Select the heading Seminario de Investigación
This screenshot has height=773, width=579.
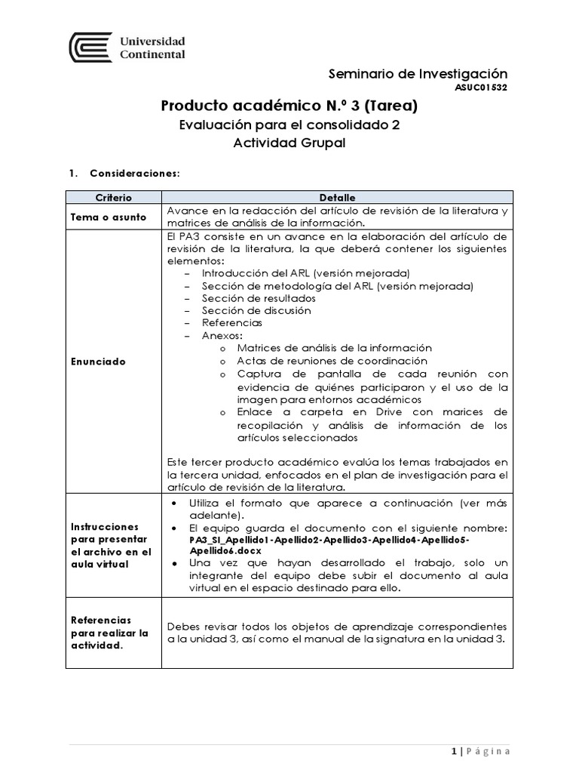tap(418, 73)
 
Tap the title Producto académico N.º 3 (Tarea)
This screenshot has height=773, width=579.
tap(289, 106)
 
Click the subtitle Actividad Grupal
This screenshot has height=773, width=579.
tap(289, 143)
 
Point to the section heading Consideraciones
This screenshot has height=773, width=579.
tap(134, 173)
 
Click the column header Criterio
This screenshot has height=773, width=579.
tap(112, 197)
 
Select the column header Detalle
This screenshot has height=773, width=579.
tap(335, 197)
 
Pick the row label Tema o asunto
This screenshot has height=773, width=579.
tap(108, 216)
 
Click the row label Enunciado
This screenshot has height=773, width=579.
tap(98, 362)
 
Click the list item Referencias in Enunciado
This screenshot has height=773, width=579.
tap(232, 322)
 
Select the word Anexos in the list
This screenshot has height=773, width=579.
tap(222, 335)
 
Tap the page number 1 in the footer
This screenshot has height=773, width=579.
tap(455, 751)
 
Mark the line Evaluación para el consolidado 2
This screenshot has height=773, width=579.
tap(289, 125)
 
